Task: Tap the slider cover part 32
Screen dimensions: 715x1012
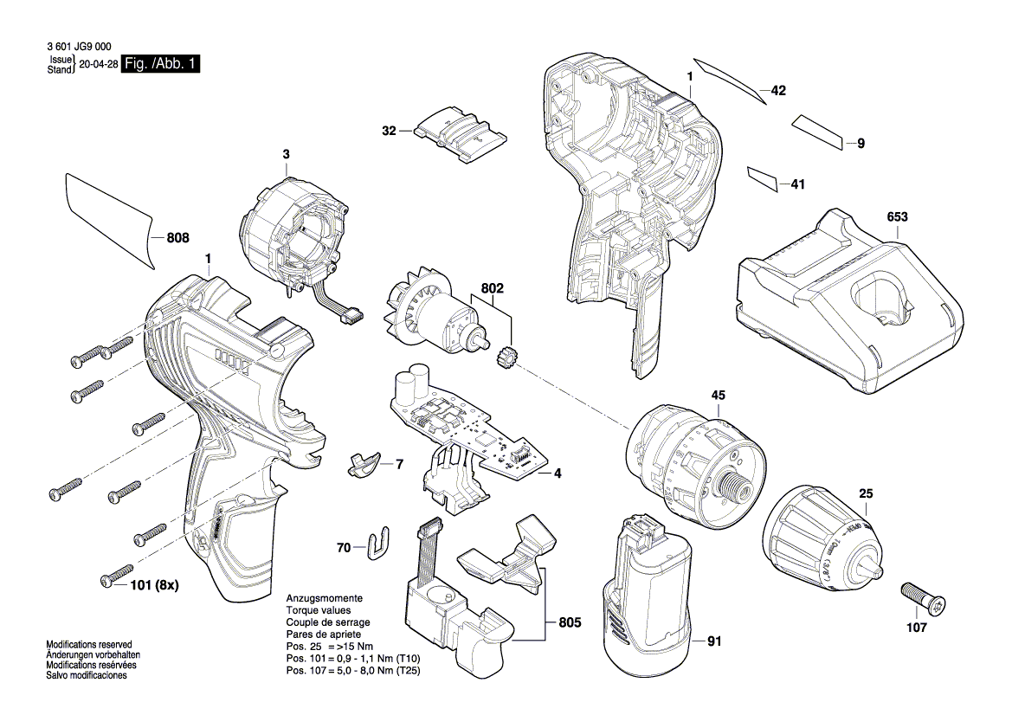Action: tap(458, 134)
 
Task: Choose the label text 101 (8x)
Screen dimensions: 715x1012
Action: tap(155, 585)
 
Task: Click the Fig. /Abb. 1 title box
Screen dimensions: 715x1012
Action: tap(161, 64)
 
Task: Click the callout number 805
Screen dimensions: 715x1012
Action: tap(570, 622)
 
